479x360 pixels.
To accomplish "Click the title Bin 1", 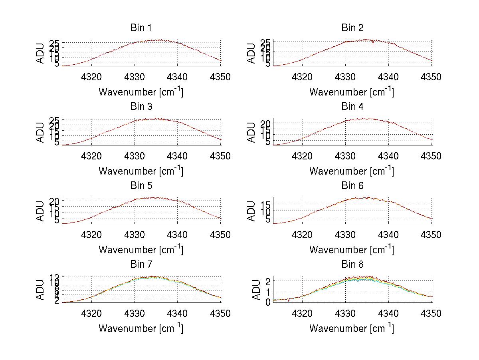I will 141,28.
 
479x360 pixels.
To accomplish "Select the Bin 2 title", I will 352,28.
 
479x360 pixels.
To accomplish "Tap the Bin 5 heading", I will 141,186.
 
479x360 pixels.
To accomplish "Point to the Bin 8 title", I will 352,265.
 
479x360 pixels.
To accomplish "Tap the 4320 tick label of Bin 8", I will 303,313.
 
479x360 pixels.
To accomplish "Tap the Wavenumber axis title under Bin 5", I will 141,250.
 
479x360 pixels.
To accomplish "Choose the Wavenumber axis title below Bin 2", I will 352,92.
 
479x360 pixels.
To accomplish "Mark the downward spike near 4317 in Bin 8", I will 289,301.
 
